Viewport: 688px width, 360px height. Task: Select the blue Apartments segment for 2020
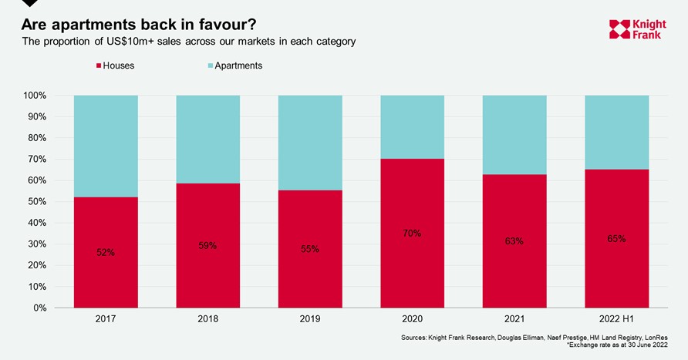(412, 126)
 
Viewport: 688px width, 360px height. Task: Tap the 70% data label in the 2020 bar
(412, 233)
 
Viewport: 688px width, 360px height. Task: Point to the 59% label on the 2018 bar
(207, 246)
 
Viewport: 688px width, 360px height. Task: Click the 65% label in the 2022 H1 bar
(616, 239)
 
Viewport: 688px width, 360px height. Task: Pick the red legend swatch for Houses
(98, 66)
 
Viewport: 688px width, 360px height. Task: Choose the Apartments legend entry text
(238, 66)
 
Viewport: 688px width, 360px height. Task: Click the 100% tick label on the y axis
(35, 96)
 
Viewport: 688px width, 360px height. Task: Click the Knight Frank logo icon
(619, 29)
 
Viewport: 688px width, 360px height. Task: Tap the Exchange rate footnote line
(617, 345)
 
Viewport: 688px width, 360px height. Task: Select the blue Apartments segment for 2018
(207, 139)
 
